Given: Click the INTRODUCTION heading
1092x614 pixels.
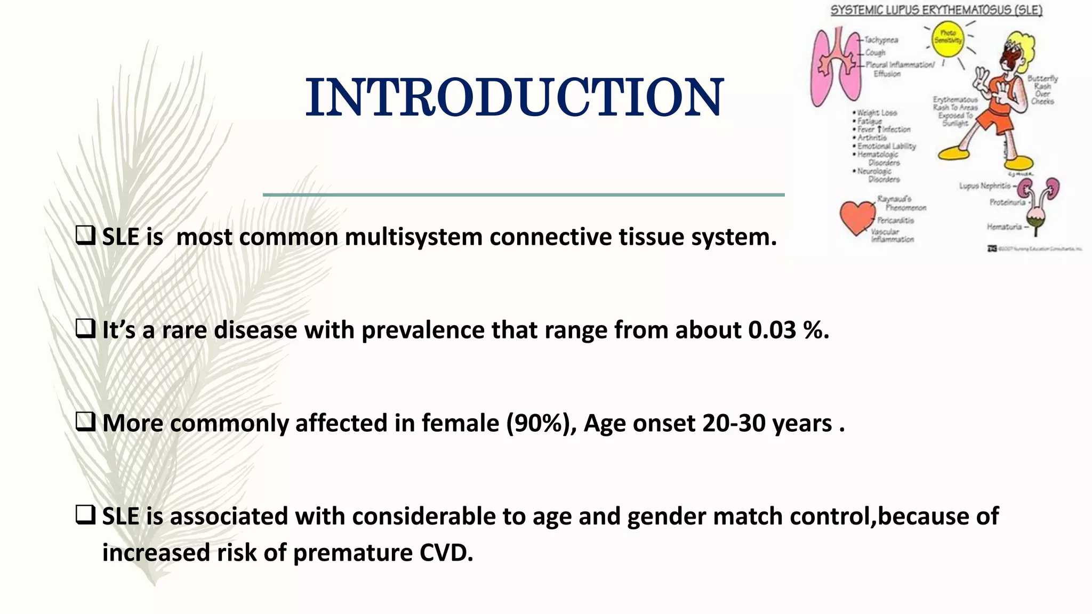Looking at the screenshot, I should tap(514, 98).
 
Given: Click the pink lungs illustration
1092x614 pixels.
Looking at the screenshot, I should tap(834, 67).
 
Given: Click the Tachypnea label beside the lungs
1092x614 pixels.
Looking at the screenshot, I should tap(881, 40).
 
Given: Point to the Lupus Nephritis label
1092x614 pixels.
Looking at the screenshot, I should tap(984, 186).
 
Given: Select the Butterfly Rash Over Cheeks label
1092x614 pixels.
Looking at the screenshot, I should tap(1042, 90).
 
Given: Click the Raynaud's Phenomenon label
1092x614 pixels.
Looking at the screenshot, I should tap(901, 203).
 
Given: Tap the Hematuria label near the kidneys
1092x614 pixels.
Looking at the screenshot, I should tap(1004, 227).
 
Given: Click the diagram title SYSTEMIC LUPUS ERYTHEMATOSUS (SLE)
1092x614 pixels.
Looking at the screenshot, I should tap(936, 10).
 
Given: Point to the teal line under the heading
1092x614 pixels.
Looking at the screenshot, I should tap(524, 195).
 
